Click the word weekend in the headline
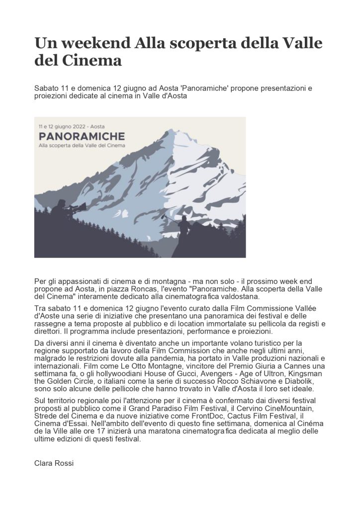[94, 43]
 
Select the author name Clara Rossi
[54, 463]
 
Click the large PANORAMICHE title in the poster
[82, 135]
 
